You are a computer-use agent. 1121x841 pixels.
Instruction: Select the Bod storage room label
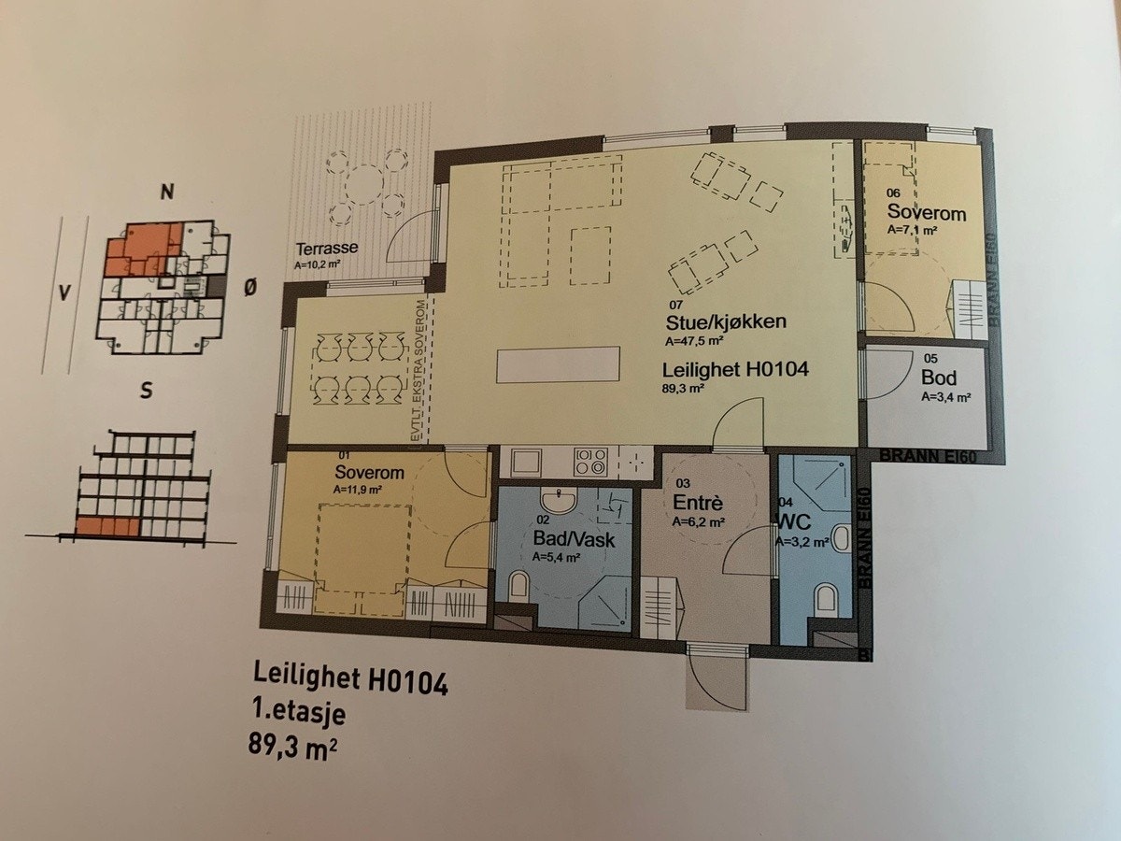point(940,378)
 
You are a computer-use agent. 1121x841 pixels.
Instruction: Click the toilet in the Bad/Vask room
point(519,588)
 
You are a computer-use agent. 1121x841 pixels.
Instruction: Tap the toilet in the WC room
point(826,597)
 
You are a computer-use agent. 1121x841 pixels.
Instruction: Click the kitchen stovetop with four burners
point(590,461)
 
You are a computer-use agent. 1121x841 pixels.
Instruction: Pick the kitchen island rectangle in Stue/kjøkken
point(559,362)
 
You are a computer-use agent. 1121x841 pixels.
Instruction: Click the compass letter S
point(145,392)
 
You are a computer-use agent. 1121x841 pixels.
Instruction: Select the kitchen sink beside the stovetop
point(525,461)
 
